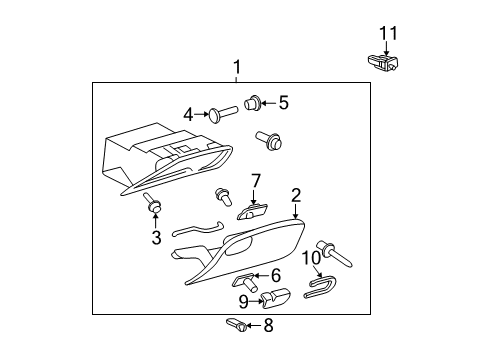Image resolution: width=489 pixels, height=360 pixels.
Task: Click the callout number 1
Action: tap(237, 68)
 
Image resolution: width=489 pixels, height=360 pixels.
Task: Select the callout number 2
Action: tap(296, 196)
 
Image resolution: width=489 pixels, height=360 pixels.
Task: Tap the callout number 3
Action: tap(156, 237)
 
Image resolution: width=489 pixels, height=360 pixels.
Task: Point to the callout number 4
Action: tap(188, 114)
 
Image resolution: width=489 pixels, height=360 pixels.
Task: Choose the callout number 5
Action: tap(283, 101)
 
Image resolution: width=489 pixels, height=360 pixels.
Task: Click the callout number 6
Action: tap(277, 274)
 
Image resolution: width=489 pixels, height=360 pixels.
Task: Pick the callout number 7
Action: tap(256, 180)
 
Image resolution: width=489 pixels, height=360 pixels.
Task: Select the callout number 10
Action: tap(313, 259)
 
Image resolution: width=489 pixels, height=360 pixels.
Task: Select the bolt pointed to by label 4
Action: tap(222, 111)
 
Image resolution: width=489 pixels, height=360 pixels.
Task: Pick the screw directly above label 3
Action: tap(153, 206)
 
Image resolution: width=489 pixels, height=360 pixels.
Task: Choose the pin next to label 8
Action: tap(236, 324)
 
